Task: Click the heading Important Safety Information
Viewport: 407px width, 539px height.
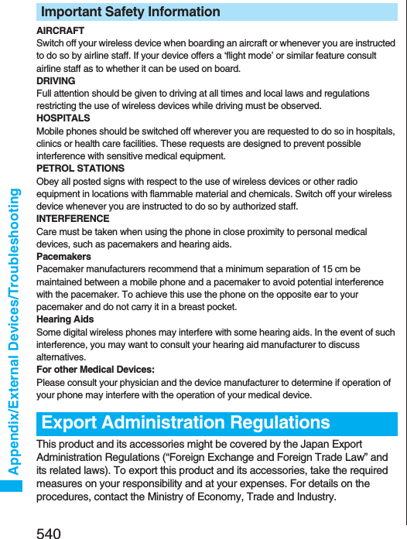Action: click(x=130, y=12)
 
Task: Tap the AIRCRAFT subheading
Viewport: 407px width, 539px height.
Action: click(x=60, y=31)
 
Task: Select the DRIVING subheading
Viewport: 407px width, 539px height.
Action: click(x=56, y=81)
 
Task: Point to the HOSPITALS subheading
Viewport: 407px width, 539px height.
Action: click(x=63, y=118)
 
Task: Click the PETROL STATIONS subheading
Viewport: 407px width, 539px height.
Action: click(x=80, y=169)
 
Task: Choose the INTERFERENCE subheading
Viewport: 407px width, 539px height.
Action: click(x=73, y=219)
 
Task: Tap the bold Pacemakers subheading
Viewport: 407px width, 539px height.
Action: click(x=64, y=257)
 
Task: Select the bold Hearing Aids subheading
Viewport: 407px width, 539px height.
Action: click(x=65, y=319)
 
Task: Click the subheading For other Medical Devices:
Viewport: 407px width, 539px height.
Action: click(x=95, y=370)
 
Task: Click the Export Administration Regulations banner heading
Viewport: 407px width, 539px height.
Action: click(x=186, y=423)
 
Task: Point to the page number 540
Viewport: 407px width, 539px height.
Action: click(x=48, y=532)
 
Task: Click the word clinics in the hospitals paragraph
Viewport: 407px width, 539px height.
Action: click(x=50, y=144)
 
